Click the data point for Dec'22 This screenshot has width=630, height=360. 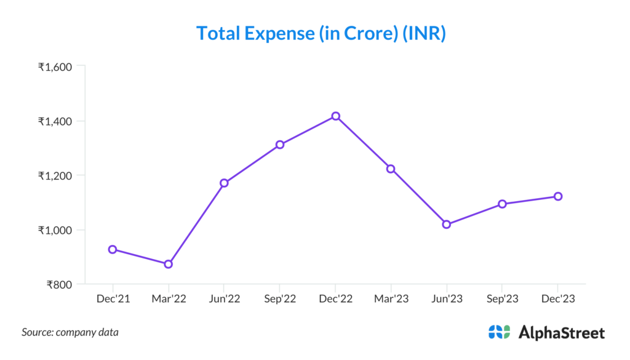tap(335, 116)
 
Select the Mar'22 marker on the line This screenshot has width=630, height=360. tap(168, 264)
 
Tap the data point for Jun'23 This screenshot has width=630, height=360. tap(447, 225)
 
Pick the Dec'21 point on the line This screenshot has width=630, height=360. tap(113, 249)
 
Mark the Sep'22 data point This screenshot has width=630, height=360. tap(280, 145)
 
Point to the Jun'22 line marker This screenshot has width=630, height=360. tap(224, 183)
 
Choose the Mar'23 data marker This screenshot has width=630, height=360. tap(391, 169)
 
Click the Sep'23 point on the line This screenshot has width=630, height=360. tap(502, 204)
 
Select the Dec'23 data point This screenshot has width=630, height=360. tap(558, 196)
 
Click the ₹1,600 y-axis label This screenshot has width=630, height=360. tap(55, 66)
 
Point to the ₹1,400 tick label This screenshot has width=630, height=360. tap(55, 121)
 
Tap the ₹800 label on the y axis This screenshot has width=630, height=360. tap(60, 285)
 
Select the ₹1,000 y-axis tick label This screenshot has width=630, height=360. tap(55, 230)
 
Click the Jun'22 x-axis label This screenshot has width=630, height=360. tap(224, 299)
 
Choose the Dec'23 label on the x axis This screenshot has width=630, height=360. tap(558, 299)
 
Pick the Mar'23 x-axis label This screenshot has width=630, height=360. tap(391, 299)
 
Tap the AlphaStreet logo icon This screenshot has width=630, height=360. tap(499, 332)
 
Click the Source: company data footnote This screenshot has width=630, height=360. tap(70, 332)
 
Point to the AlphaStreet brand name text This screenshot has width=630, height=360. tap(562, 332)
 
